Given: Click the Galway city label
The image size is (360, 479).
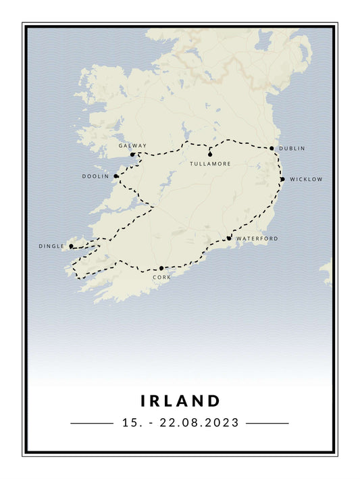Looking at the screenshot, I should point(132,145).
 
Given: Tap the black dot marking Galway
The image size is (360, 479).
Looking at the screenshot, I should point(132,155).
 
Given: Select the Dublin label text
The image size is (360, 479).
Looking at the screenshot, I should point(292,148).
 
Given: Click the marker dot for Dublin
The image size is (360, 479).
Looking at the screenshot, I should point(272,148).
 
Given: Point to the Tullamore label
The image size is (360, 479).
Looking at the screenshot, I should point(210,163).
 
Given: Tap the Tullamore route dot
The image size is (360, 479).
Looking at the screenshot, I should point(210,155).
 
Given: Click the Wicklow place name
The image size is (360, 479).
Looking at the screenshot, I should point(306,179).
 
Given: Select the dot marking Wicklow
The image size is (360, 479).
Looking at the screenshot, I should point(282,179).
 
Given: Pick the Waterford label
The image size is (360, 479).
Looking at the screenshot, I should point(257,238).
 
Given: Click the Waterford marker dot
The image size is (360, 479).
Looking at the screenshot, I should point(229,238).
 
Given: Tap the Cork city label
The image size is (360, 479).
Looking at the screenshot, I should point(161,276).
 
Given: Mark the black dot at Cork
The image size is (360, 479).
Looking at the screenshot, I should point(161,268).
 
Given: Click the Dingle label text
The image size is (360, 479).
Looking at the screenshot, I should point(51,247).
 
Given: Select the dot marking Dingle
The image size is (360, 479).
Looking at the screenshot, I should point(71,247).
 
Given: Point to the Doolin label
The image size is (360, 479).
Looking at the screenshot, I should point(95,176).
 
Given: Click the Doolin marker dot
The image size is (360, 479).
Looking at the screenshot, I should point(116,176).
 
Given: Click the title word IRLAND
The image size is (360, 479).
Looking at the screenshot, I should point(180,401).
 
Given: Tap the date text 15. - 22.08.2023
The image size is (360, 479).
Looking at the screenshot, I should point(180,423).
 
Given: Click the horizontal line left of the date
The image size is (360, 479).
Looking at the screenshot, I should point(92,424).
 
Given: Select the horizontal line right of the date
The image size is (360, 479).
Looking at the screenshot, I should point(267,424).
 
